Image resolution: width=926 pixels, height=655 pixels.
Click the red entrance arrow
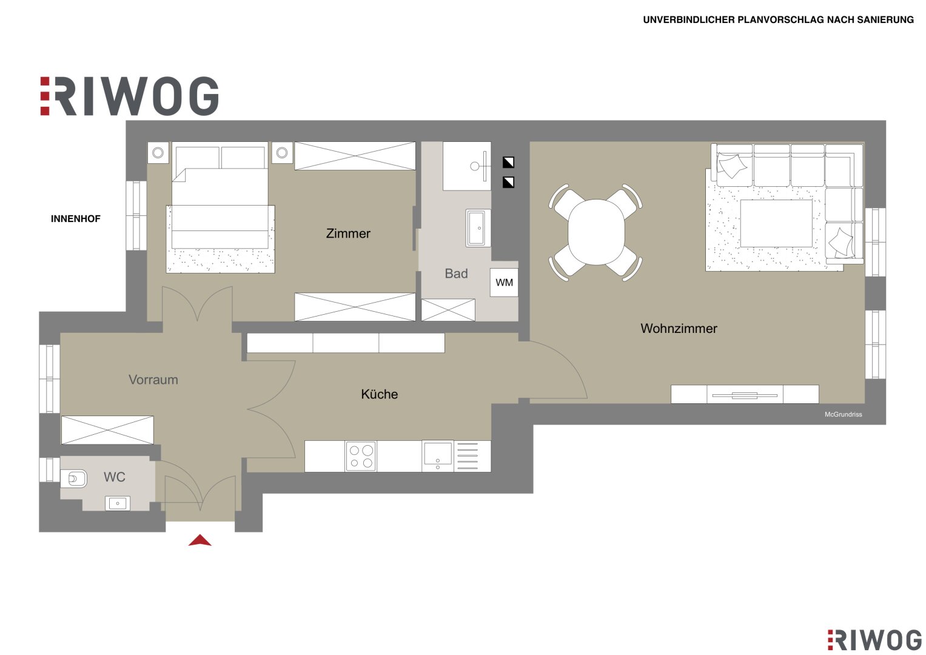(x=200, y=540)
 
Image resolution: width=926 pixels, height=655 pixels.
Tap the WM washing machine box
(x=504, y=283)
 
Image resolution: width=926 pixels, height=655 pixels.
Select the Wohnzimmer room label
(x=679, y=328)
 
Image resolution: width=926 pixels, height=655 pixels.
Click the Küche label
(x=380, y=394)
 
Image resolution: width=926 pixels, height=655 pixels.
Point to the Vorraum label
(x=153, y=380)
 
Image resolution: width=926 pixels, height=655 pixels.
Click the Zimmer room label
(x=348, y=233)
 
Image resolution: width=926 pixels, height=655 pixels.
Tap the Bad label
(x=457, y=274)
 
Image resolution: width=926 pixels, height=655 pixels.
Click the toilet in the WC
(x=74, y=479)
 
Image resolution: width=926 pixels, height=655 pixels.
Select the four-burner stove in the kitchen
(x=361, y=456)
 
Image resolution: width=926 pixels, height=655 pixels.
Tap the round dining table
(x=596, y=232)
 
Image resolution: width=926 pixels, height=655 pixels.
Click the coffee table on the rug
(x=776, y=223)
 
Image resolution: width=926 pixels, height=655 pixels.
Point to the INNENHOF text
(x=76, y=219)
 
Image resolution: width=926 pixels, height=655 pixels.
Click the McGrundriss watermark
(x=844, y=414)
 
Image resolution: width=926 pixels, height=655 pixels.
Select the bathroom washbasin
(x=478, y=228)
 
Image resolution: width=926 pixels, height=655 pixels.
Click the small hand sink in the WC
(x=118, y=503)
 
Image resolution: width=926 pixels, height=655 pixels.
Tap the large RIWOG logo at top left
(x=129, y=96)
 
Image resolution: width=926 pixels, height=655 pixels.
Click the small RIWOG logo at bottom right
(x=874, y=640)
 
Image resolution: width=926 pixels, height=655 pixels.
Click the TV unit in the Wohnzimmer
(x=745, y=394)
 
